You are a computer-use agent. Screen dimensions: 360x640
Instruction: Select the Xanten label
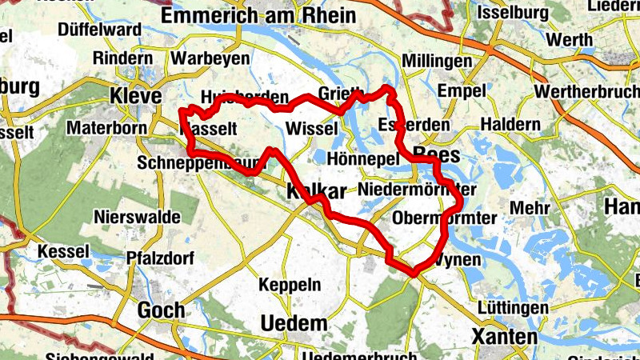coord(505,337)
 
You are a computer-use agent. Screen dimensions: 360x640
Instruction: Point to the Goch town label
coord(161,310)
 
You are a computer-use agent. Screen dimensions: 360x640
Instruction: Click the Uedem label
coord(294,324)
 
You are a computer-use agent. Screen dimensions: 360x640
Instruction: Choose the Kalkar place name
coord(316,191)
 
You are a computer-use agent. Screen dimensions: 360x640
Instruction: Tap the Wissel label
coord(308,129)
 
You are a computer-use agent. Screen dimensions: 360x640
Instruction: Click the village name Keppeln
coord(290,284)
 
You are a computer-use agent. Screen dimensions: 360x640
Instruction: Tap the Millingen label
coord(436,62)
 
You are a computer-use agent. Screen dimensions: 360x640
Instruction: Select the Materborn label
coord(106,127)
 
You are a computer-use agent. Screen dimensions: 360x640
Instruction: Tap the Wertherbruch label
coord(589,92)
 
